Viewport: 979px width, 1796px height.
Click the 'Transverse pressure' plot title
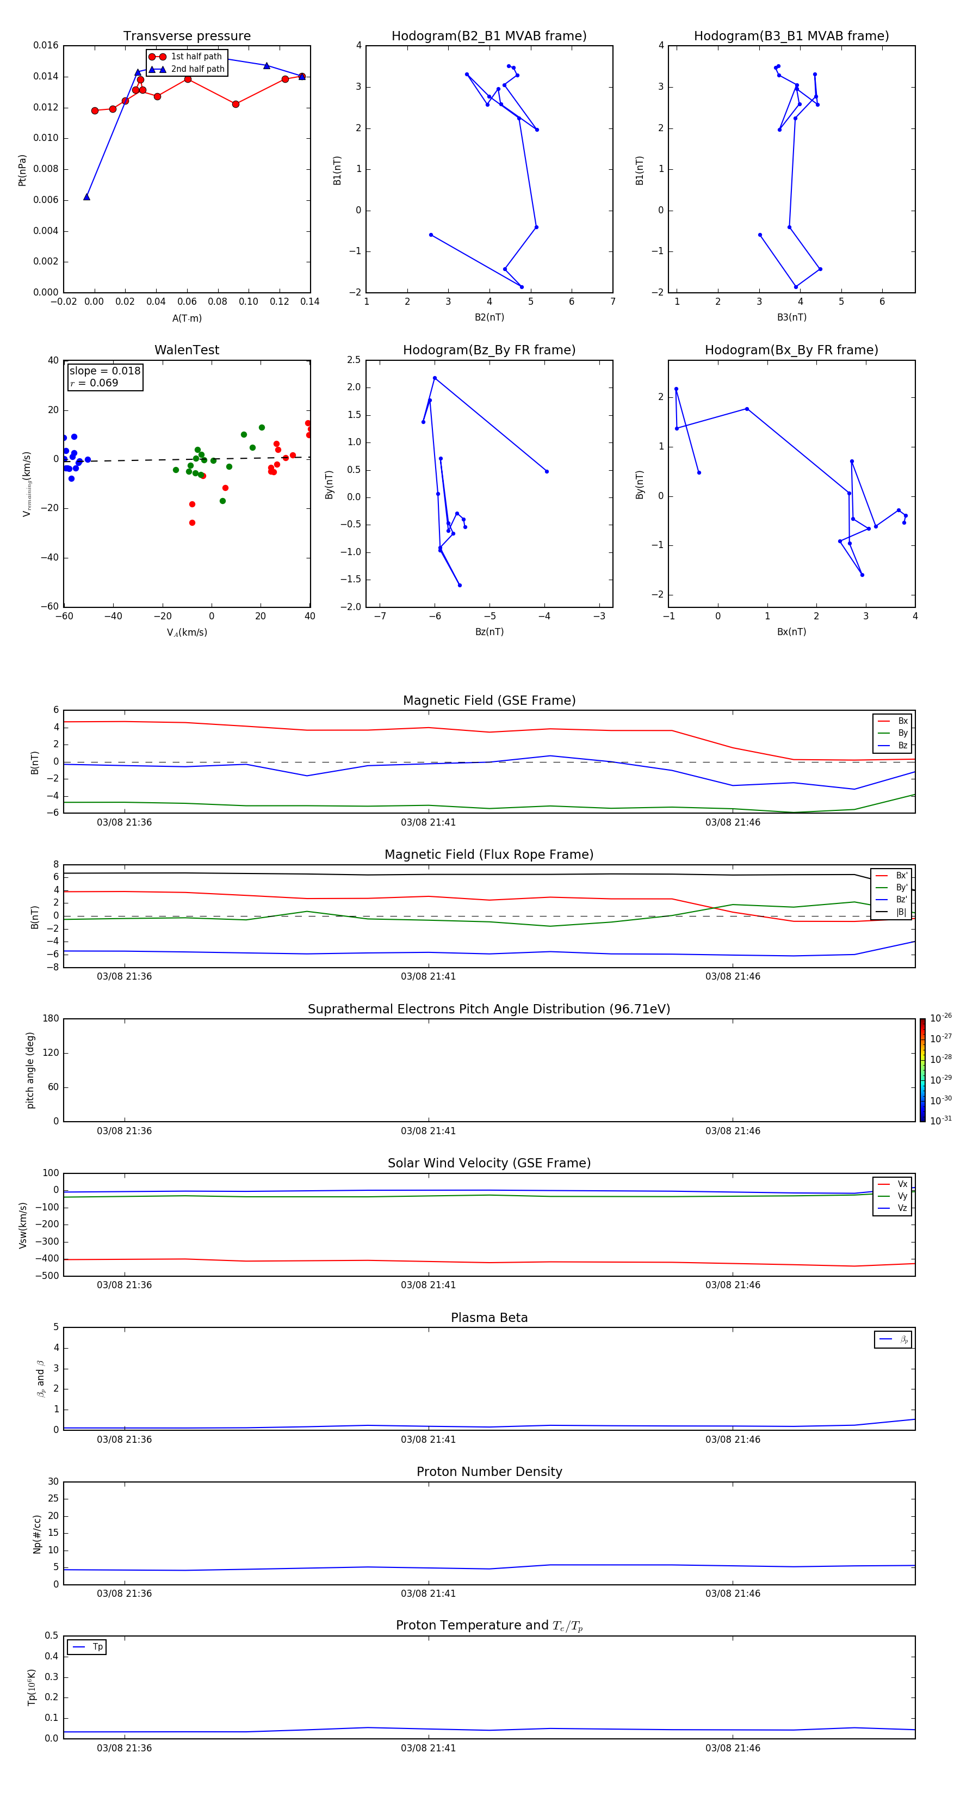click(187, 36)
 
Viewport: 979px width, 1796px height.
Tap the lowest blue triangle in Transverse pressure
click(86, 198)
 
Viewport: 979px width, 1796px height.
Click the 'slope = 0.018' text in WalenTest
click(104, 371)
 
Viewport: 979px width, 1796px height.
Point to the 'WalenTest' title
click(187, 350)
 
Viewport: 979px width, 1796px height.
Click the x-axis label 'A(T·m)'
click(187, 318)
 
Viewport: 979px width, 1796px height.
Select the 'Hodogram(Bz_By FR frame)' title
click(489, 350)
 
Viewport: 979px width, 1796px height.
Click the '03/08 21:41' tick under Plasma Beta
click(428, 1440)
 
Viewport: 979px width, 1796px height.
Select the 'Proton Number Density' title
click(489, 1472)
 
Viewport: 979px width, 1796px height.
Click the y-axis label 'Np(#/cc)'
click(37, 1534)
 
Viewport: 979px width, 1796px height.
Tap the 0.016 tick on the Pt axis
click(46, 46)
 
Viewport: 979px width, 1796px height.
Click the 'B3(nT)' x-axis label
click(791, 317)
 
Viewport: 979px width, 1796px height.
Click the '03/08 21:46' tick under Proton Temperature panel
click(732, 1748)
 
